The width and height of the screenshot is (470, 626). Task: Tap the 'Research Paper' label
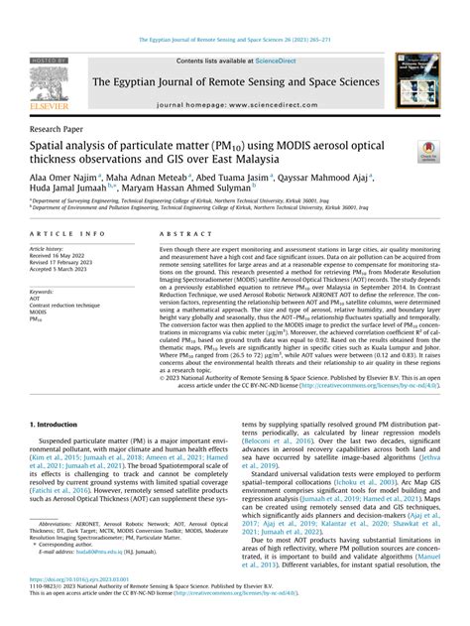pos(61,129)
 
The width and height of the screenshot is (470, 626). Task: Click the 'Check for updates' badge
pos(427,149)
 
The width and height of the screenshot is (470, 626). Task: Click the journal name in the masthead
pos(267,81)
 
